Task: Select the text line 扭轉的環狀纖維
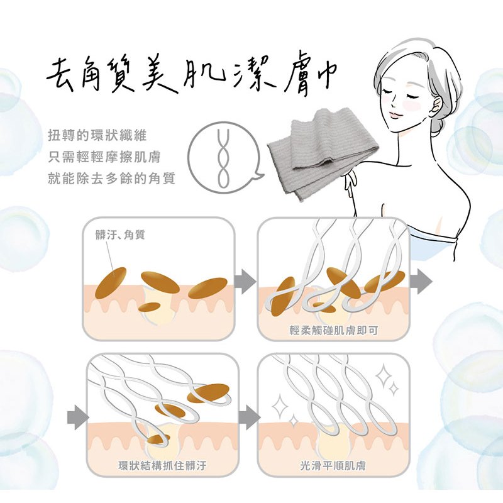click(97, 135)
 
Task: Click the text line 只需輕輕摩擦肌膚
click(104, 157)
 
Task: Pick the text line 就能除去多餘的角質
click(112, 179)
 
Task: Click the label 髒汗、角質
click(120, 235)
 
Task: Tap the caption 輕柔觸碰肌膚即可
click(334, 330)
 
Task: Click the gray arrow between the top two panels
click(245, 281)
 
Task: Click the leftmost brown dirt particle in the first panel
click(111, 283)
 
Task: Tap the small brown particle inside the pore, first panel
click(149, 307)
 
